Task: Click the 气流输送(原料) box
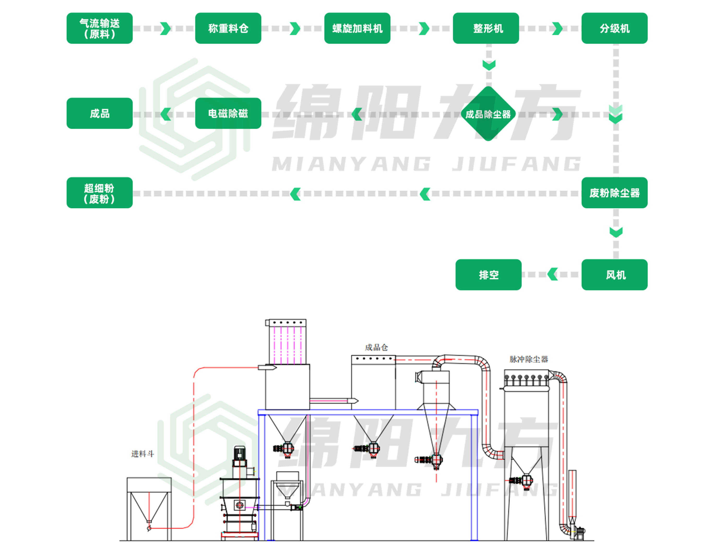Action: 100,28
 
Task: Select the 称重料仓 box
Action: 228,28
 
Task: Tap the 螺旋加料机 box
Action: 357,28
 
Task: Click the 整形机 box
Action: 486,28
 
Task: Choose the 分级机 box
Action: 614,28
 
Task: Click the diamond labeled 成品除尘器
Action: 488,114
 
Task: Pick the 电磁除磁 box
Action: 228,113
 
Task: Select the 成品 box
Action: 100,113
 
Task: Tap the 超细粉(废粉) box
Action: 100,193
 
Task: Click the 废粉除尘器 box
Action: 614,193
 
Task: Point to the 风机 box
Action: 614,274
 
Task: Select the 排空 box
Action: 488,274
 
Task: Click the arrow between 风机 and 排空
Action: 552,274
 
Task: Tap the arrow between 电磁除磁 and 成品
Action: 166,114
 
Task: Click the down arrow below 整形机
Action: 489,65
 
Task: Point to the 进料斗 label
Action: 142,454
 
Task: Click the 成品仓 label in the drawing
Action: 376,347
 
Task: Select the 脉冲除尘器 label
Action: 529,359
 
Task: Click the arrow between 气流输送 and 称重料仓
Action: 165,28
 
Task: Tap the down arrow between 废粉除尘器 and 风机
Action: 616,232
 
